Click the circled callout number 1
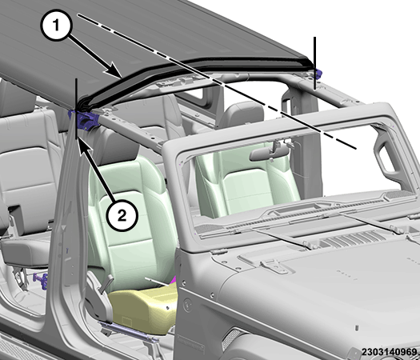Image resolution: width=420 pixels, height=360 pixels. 56,26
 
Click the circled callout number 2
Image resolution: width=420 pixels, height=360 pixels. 122,215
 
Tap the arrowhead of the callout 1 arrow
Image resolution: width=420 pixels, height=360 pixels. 114,70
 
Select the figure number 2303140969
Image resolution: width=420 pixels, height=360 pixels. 389,352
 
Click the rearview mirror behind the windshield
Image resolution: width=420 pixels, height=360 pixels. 269,154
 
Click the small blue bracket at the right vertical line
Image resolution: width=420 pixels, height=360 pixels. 318,74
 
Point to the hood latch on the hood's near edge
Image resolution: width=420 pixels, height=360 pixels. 274,266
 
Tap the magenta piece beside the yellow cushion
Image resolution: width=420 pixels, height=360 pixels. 174,280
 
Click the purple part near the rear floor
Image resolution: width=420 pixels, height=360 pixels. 41,281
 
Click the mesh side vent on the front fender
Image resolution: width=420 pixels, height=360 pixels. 231,339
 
